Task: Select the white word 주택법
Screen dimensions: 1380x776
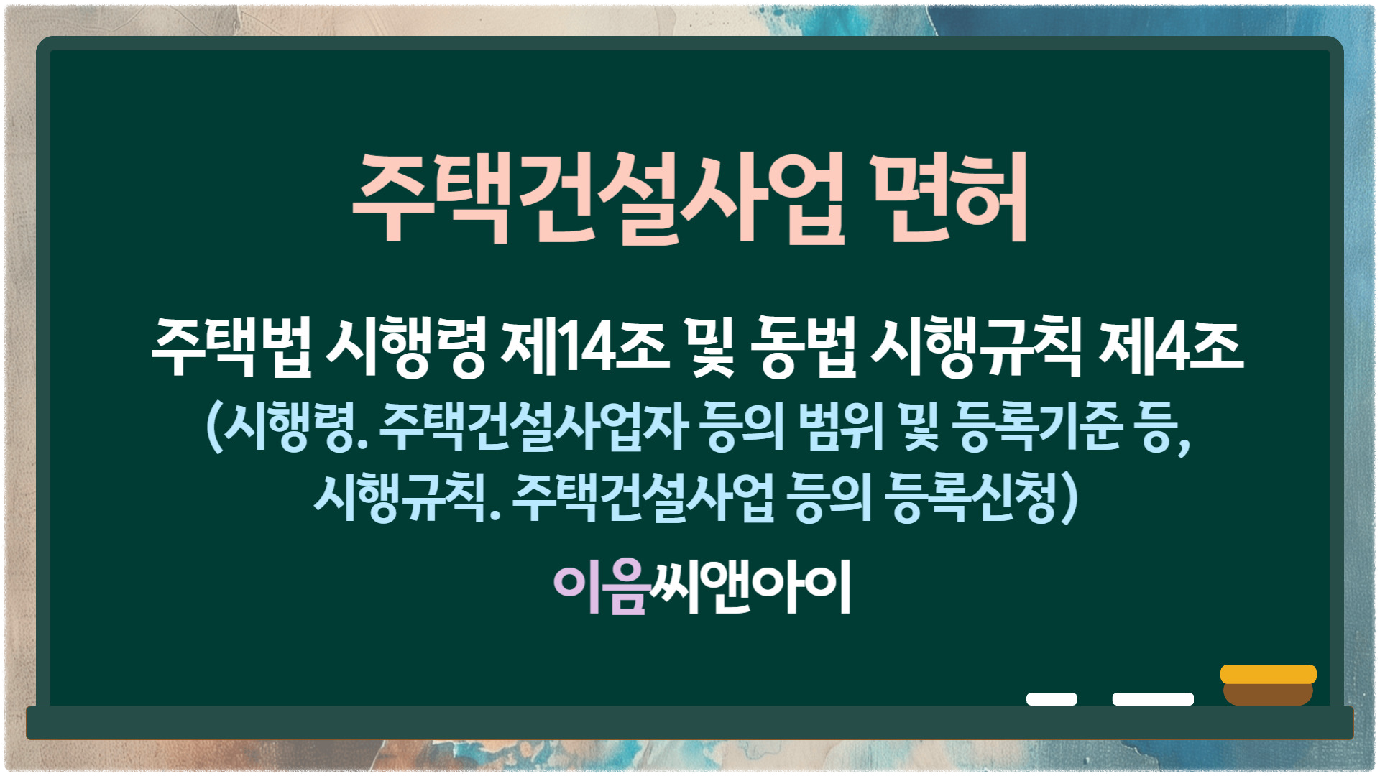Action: coord(232,348)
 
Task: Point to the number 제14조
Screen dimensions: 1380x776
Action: coord(586,348)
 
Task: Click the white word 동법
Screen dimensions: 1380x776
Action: coord(804,348)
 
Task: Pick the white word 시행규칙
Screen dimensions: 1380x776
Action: coord(976,348)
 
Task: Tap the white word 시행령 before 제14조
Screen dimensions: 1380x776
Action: coord(406,348)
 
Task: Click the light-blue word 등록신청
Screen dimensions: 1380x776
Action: coord(970,497)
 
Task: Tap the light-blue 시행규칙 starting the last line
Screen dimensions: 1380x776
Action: coord(400,497)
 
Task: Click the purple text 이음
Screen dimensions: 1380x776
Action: coord(601,587)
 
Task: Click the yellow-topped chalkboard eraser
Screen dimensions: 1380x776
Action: coord(1269,685)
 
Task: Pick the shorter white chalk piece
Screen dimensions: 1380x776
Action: coord(1052,699)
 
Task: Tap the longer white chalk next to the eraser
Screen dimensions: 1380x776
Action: coord(1153,699)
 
